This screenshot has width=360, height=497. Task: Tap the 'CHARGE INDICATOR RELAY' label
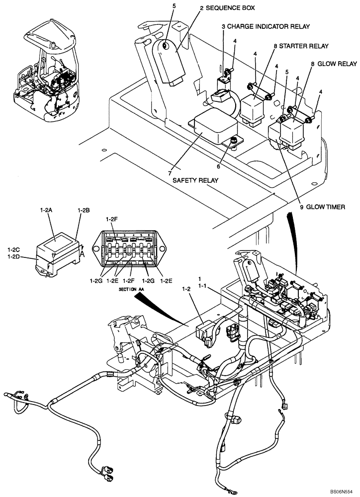[x=266, y=26]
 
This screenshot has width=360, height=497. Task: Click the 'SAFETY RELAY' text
[x=197, y=182]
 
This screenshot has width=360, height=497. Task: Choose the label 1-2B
[x=83, y=210]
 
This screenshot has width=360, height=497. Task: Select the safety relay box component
[x=211, y=126]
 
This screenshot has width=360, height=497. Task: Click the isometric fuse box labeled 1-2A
[x=57, y=254]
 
